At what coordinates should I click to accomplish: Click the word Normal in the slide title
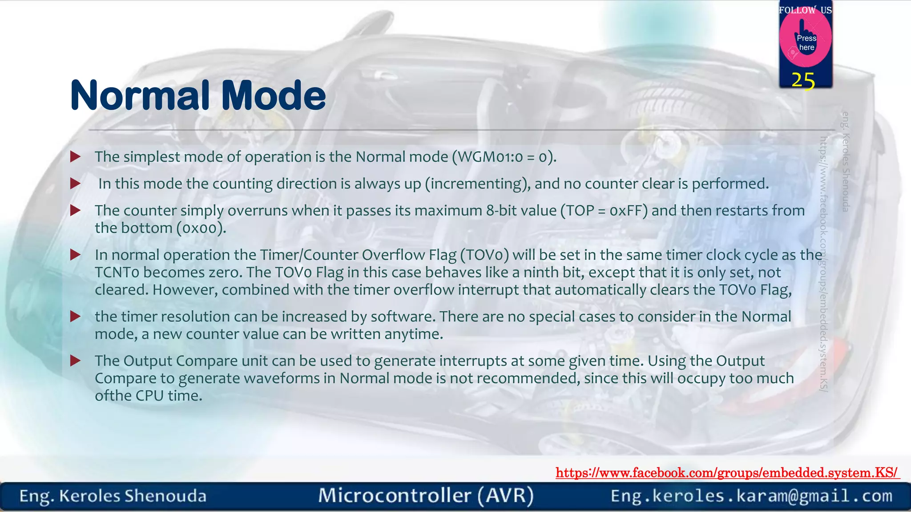click(140, 95)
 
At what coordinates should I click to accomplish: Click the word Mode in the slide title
click(274, 95)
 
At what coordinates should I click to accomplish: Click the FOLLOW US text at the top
click(805, 10)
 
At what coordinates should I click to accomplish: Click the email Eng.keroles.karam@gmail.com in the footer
click(751, 496)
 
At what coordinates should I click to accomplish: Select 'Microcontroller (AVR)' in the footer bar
click(426, 496)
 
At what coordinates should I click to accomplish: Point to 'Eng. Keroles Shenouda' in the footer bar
click(113, 496)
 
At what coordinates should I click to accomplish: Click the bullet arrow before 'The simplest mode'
click(75, 156)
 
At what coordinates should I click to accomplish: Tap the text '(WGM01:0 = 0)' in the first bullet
click(504, 157)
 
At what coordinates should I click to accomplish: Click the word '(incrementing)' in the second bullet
click(478, 184)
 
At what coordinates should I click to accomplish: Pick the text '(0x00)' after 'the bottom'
click(201, 228)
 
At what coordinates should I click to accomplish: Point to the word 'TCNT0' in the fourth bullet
click(117, 272)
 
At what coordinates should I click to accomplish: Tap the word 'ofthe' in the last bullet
click(113, 396)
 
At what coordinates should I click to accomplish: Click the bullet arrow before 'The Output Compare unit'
click(75, 360)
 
